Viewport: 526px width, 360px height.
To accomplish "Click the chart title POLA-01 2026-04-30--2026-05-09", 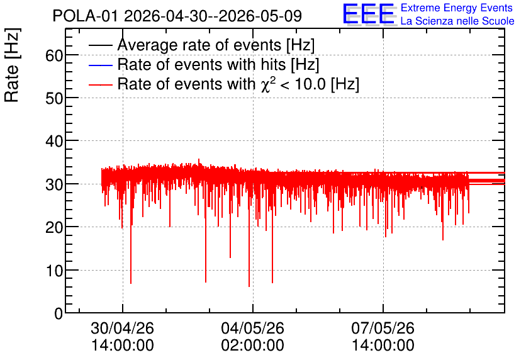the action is point(177,16).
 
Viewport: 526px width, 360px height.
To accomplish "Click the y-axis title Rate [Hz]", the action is point(12,65).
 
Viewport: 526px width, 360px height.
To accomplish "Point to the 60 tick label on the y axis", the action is point(54,55).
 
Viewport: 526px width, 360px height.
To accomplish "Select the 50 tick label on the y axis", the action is point(54,98).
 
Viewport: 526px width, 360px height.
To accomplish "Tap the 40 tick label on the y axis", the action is point(54,141).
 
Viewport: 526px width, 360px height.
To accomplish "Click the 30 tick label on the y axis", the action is point(54,184).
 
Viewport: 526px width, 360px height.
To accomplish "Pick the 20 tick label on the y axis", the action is point(54,227).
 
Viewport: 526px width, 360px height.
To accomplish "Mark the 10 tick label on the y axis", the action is point(54,271).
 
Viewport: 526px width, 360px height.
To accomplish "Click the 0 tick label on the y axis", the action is point(59,313).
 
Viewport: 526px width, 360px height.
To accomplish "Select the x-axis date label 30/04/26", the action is point(123,328).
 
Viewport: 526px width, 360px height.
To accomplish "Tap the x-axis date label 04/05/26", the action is point(252,328).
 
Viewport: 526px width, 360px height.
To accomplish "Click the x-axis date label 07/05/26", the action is point(383,328).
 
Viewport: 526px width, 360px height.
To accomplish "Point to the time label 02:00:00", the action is point(252,346).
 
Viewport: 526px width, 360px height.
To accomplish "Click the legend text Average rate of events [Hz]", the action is point(216,45).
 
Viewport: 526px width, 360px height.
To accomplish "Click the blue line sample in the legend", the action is point(100,65).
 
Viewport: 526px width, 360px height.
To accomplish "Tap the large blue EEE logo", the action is point(369,14).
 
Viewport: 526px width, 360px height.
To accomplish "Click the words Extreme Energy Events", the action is point(457,8).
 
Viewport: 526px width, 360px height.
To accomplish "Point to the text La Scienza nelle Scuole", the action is point(457,21).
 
